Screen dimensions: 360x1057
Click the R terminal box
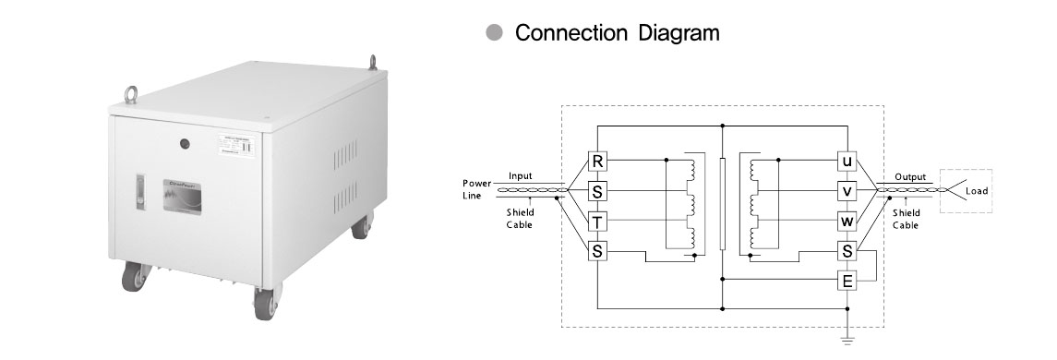[x=598, y=162]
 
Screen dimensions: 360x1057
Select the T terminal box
[x=598, y=221]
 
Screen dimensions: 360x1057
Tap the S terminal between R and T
[x=598, y=191]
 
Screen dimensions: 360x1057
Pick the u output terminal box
[x=847, y=162]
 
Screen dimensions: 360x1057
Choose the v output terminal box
[x=847, y=191]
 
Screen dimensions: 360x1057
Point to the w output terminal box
[x=847, y=221]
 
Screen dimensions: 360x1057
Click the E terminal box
[x=847, y=280]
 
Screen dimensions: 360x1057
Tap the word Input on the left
[x=521, y=175]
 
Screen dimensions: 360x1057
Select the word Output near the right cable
[x=910, y=175]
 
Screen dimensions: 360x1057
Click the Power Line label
[x=476, y=188]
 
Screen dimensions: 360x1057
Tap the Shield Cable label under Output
[x=907, y=219]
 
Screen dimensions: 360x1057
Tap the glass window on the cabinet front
[x=189, y=196]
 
